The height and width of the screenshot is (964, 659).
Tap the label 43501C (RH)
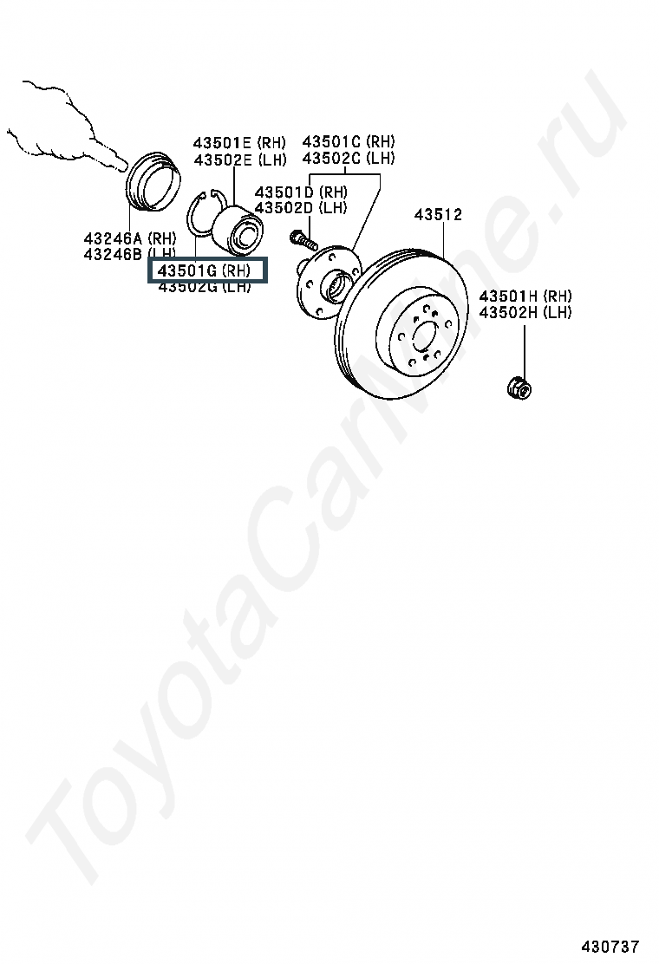(348, 141)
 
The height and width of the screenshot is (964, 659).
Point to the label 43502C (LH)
(348, 158)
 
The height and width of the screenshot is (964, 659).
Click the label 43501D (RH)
(301, 192)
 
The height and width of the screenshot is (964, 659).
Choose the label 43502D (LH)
(301, 208)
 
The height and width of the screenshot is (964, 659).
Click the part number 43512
(438, 215)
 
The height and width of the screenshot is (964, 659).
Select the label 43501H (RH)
(525, 296)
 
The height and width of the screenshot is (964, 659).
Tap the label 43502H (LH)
(525, 312)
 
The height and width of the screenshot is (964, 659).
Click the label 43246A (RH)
(130, 238)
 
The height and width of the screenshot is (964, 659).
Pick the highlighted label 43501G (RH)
(207, 270)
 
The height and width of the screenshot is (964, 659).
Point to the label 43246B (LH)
(130, 253)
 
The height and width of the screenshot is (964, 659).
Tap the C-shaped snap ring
(201, 215)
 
